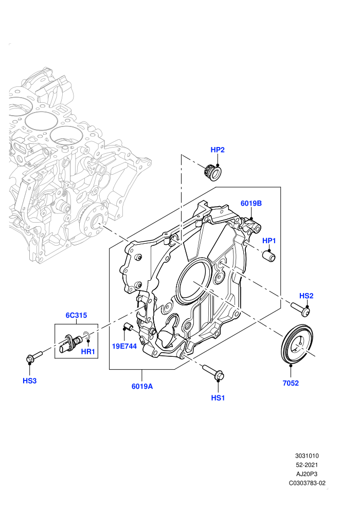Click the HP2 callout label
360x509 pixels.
click(218, 150)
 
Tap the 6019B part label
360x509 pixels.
click(251, 203)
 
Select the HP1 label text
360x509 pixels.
click(269, 241)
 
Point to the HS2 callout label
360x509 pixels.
click(306, 296)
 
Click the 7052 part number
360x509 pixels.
click(291, 383)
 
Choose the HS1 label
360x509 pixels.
click(218, 397)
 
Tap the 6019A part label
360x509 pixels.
click(142, 386)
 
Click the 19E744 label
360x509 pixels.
click(124, 346)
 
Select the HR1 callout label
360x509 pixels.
click(87, 352)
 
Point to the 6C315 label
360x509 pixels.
click(76, 315)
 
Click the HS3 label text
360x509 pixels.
click(29, 381)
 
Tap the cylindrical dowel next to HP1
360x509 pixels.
click(269, 256)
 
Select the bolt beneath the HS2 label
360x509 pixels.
click(300, 309)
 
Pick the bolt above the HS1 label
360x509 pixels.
click(213, 373)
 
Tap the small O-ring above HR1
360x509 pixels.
click(87, 335)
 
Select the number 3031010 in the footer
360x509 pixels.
click(307, 456)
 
